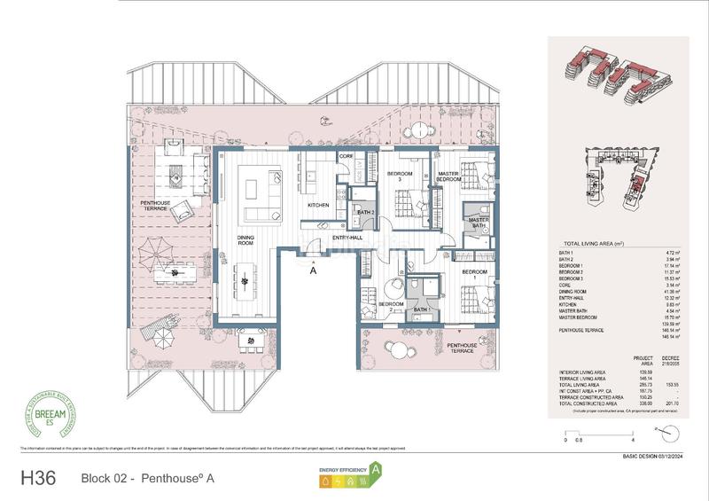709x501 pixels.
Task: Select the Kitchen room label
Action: click(x=319, y=205)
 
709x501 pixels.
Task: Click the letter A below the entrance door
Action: click(x=314, y=273)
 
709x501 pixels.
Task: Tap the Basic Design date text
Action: click(x=658, y=458)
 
